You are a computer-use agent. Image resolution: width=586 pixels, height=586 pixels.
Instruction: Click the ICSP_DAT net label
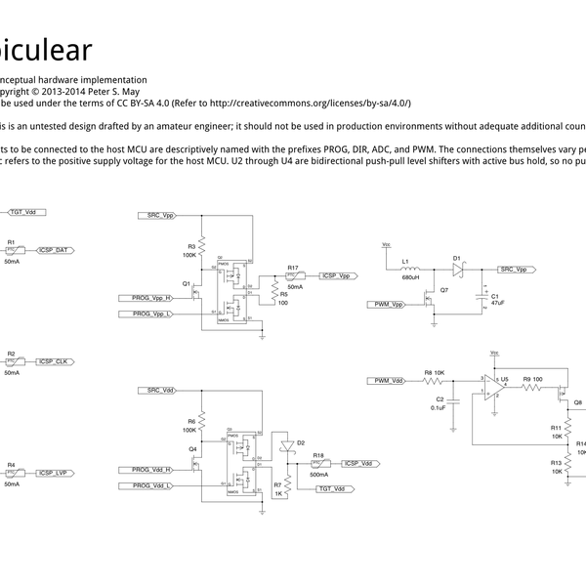pyautogui.click(x=54, y=251)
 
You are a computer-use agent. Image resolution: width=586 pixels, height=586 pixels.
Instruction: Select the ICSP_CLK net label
pyautogui.click(x=54, y=361)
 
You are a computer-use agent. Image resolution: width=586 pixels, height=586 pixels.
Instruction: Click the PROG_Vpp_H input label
pyautogui.click(x=152, y=297)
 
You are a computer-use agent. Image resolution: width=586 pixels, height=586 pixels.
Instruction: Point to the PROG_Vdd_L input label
pyautogui.click(x=152, y=485)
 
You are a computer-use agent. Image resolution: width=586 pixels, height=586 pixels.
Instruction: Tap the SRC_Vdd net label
pyautogui.click(x=161, y=391)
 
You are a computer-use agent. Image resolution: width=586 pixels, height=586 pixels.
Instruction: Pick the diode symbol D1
pyautogui.click(x=458, y=269)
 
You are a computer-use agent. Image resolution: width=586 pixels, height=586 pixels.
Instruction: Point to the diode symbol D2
pyautogui.click(x=286, y=446)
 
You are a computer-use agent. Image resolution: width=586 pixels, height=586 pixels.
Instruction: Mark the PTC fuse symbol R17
pyautogui.click(x=292, y=276)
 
